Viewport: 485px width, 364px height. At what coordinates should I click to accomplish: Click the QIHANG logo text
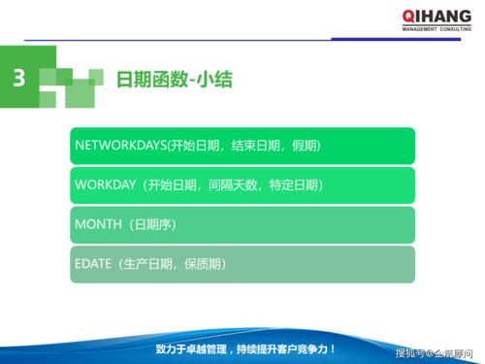(x=438, y=15)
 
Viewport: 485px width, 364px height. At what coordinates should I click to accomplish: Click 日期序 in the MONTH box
(x=159, y=224)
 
